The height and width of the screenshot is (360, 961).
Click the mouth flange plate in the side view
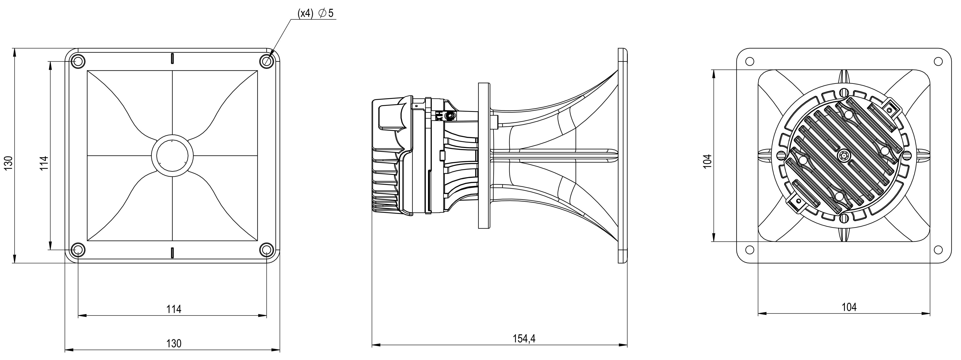coord(623,156)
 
